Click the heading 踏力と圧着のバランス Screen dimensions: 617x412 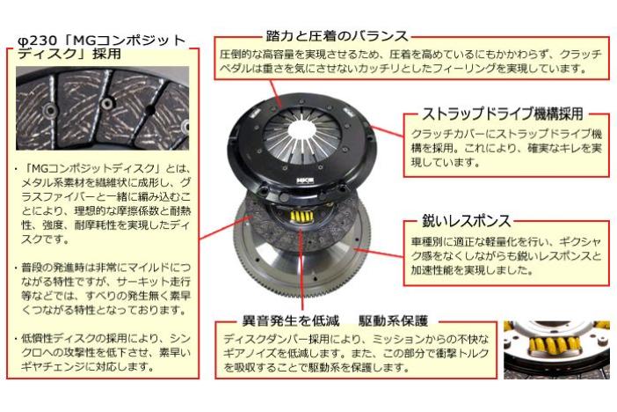coord(337,36)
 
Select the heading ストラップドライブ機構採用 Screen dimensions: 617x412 coord(502,114)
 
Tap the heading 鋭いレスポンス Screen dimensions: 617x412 coord(467,220)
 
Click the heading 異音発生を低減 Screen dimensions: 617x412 coord(290,321)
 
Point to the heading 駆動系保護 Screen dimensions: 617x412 coord(393,321)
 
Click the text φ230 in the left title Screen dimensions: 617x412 coord(39,40)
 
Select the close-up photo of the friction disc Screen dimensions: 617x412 coord(102,108)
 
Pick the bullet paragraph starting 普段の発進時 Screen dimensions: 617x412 coord(103,289)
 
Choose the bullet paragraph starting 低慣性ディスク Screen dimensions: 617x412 coord(103,352)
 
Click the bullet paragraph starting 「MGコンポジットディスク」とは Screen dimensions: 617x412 coord(103,203)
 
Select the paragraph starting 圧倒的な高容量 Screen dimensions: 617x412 coord(410,61)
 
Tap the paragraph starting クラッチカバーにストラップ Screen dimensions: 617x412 coord(506,147)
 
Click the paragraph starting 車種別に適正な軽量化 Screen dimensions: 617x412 coord(506,255)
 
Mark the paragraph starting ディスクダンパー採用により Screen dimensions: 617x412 coord(356,353)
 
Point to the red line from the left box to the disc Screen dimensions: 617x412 coord(226,227)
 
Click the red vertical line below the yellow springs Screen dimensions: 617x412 coord(301,268)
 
